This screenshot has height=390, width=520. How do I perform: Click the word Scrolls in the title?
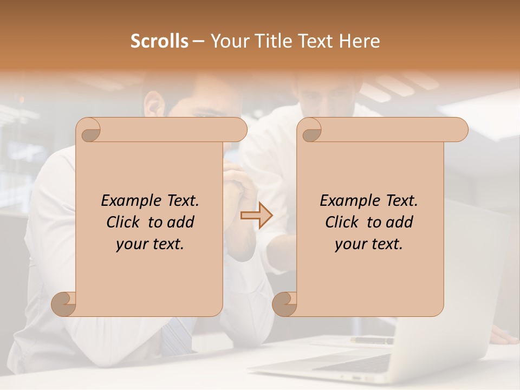(x=159, y=41)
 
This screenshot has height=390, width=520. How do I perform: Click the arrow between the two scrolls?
(x=256, y=216)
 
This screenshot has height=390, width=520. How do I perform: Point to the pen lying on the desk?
(x=373, y=341)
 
